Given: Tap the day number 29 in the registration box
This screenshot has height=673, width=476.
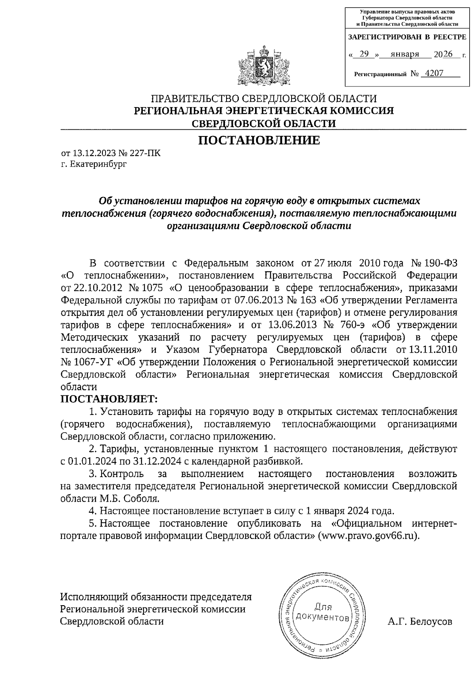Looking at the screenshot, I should tap(364, 54).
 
